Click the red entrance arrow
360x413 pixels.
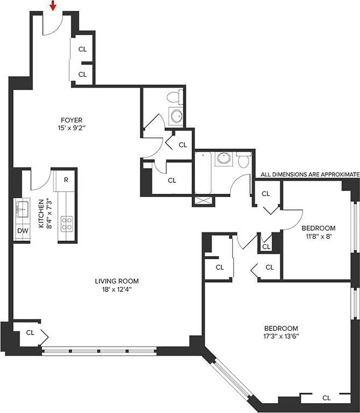(52, 6)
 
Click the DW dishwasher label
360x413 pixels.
(22, 230)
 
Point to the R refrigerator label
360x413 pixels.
(66, 180)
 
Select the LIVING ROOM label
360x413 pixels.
(117, 281)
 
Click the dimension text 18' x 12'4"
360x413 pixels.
(117, 290)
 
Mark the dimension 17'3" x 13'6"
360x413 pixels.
(281, 337)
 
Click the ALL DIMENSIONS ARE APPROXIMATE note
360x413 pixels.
(310, 174)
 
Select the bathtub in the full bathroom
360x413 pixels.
(204, 172)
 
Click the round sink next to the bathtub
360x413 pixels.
(224, 158)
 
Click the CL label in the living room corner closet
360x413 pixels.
(30, 332)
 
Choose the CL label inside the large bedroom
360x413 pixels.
(326, 398)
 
